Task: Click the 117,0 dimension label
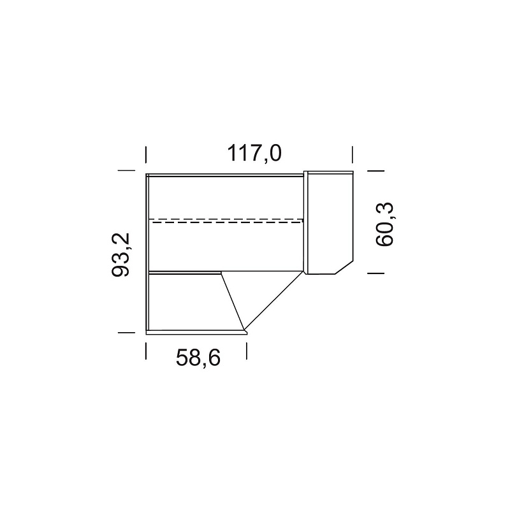[254, 153]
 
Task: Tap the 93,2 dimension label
[120, 254]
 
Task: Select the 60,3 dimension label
[384, 224]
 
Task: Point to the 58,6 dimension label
[198, 358]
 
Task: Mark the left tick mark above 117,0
[146, 155]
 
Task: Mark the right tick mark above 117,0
[353, 155]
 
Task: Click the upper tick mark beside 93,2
[126, 170]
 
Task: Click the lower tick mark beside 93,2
[126, 332]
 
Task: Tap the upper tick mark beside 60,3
[375, 170]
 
